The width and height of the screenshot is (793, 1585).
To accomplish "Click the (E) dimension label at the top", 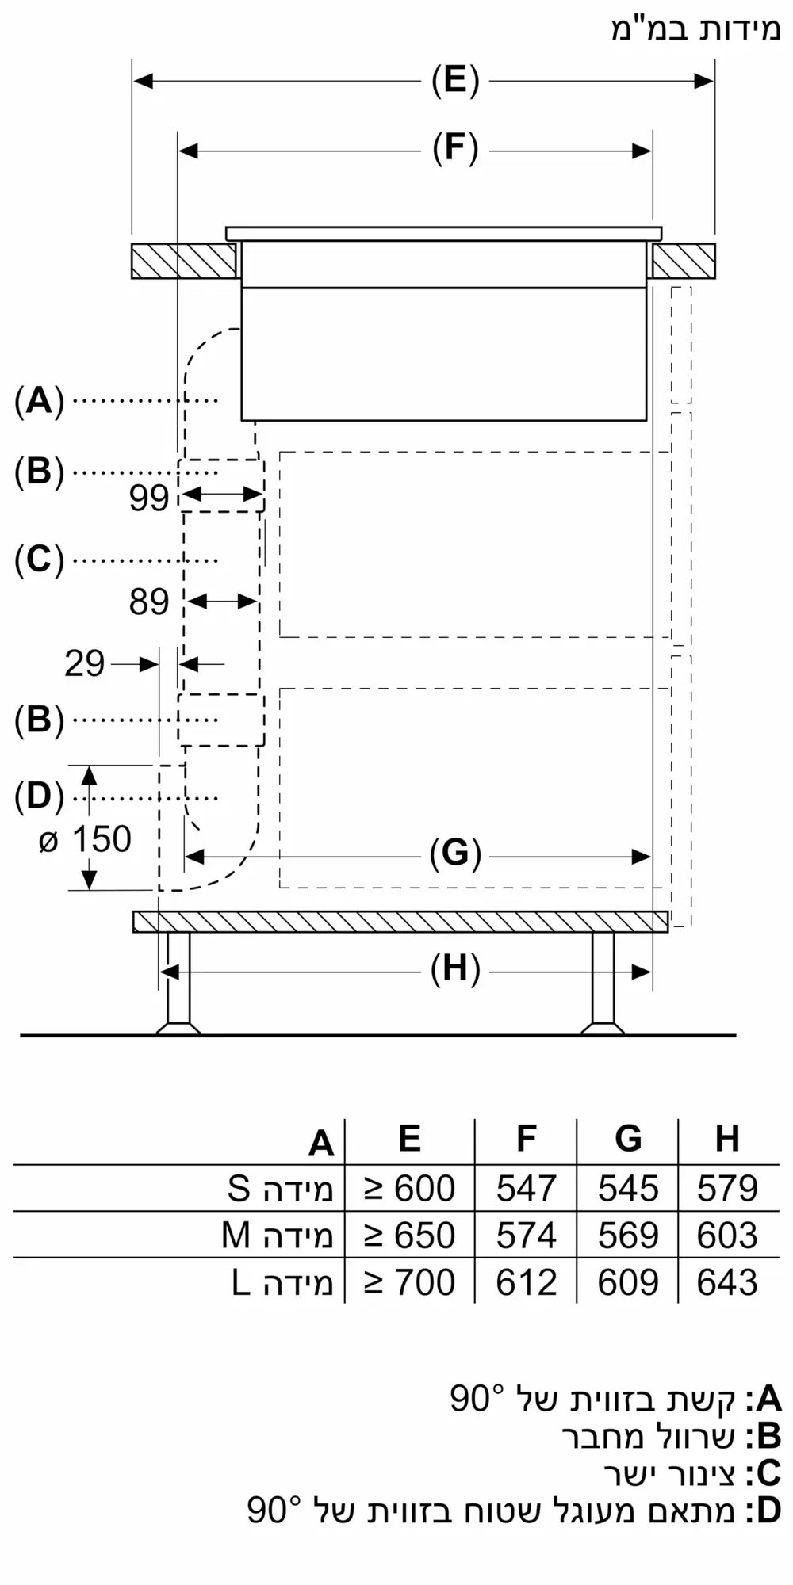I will (x=455, y=81).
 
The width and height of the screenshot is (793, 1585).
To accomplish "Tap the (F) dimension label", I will (x=455, y=150).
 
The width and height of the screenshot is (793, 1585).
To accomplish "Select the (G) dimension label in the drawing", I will (x=455, y=855).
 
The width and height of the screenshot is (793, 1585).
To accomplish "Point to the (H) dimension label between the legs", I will (x=455, y=970).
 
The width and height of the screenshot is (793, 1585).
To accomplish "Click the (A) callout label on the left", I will (x=39, y=401).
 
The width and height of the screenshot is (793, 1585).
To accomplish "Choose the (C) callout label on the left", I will (x=39, y=560).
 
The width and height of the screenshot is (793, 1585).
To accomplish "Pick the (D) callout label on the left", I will (x=39, y=796).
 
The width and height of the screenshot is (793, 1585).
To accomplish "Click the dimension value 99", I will (x=149, y=498).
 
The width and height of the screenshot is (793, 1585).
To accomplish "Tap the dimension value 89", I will (x=149, y=602).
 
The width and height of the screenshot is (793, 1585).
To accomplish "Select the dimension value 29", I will (x=84, y=663).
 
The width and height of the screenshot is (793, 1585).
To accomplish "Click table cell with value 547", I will (x=526, y=1189).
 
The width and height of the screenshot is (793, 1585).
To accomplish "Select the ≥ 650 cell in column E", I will (x=409, y=1236).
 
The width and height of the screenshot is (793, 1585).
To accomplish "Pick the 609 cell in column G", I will (x=627, y=1282).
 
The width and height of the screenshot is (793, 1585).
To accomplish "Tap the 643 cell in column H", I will (x=727, y=1282).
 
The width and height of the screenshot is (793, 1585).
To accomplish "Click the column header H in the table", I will (x=727, y=1139).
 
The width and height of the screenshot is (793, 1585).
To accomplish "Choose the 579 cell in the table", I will (x=727, y=1189).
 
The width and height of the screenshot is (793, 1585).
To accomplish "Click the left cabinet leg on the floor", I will (x=178, y=983).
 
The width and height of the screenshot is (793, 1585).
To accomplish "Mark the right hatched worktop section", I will (x=684, y=261).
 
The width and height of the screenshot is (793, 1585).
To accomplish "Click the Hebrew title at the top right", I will (x=695, y=29).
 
